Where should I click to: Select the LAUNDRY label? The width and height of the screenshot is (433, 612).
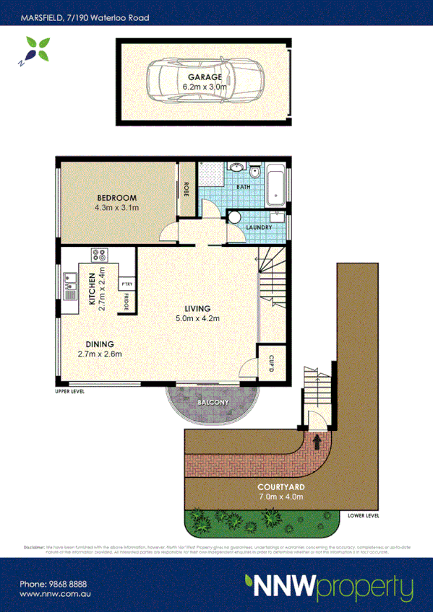[259, 227]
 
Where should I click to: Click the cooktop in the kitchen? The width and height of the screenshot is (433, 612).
[99, 255]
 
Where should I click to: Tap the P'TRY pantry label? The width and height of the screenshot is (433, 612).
[127, 284]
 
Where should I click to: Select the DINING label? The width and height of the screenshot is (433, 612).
[99, 344]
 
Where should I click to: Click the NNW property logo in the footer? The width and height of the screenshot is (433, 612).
[328, 585]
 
